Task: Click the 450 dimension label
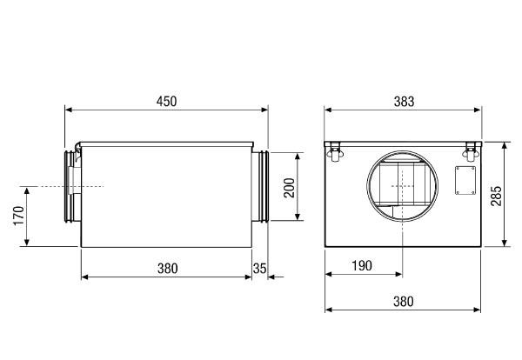coord(166,102)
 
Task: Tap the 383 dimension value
coord(405,102)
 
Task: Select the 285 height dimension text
coord(496,196)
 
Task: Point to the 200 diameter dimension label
coord(290,188)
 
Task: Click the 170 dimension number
coord(18,216)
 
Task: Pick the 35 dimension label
coord(259,268)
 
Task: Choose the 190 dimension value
coord(362,266)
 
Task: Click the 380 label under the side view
coord(167,269)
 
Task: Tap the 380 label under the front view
coord(404,302)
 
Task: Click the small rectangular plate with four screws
coord(465,180)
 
